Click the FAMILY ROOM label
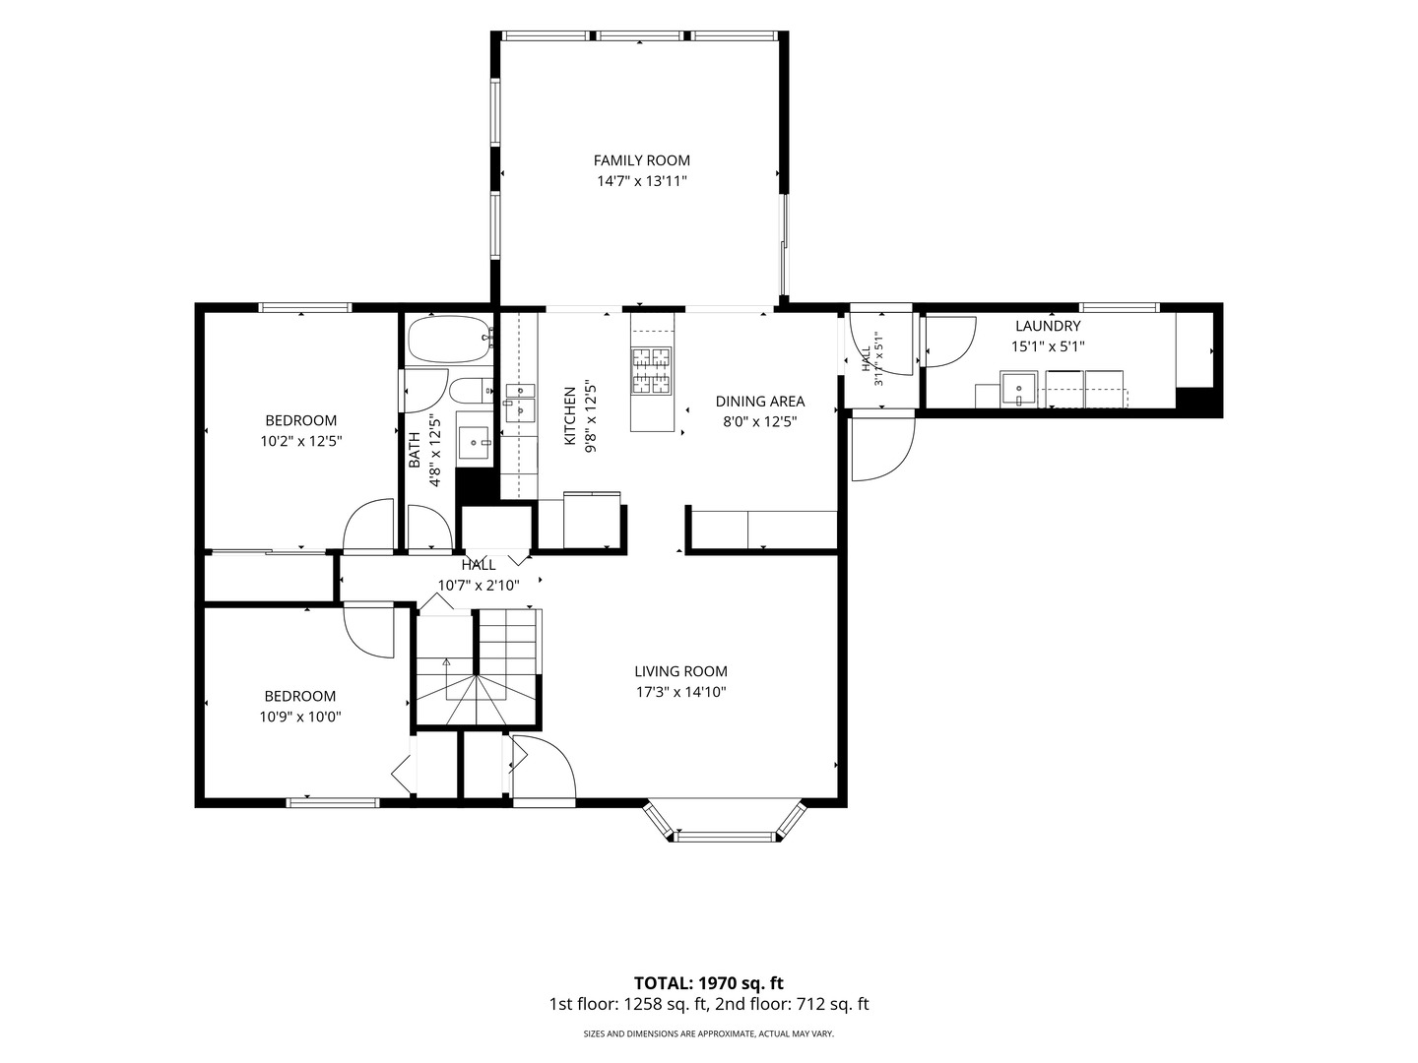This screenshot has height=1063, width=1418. (641, 160)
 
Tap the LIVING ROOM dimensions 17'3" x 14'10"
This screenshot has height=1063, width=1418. (680, 693)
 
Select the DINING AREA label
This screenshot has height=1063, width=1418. (759, 402)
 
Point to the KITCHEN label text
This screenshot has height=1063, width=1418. (570, 415)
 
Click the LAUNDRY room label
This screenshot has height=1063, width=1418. (1047, 326)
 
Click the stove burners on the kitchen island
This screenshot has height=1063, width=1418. (652, 370)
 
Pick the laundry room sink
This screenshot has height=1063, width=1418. (1019, 389)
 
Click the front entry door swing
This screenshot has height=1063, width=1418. (544, 768)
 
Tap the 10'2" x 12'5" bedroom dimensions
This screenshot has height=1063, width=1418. (301, 442)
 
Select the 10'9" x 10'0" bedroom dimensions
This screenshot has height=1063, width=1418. (300, 718)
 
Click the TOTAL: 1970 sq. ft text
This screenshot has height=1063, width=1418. (709, 983)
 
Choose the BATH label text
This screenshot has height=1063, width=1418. (415, 450)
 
